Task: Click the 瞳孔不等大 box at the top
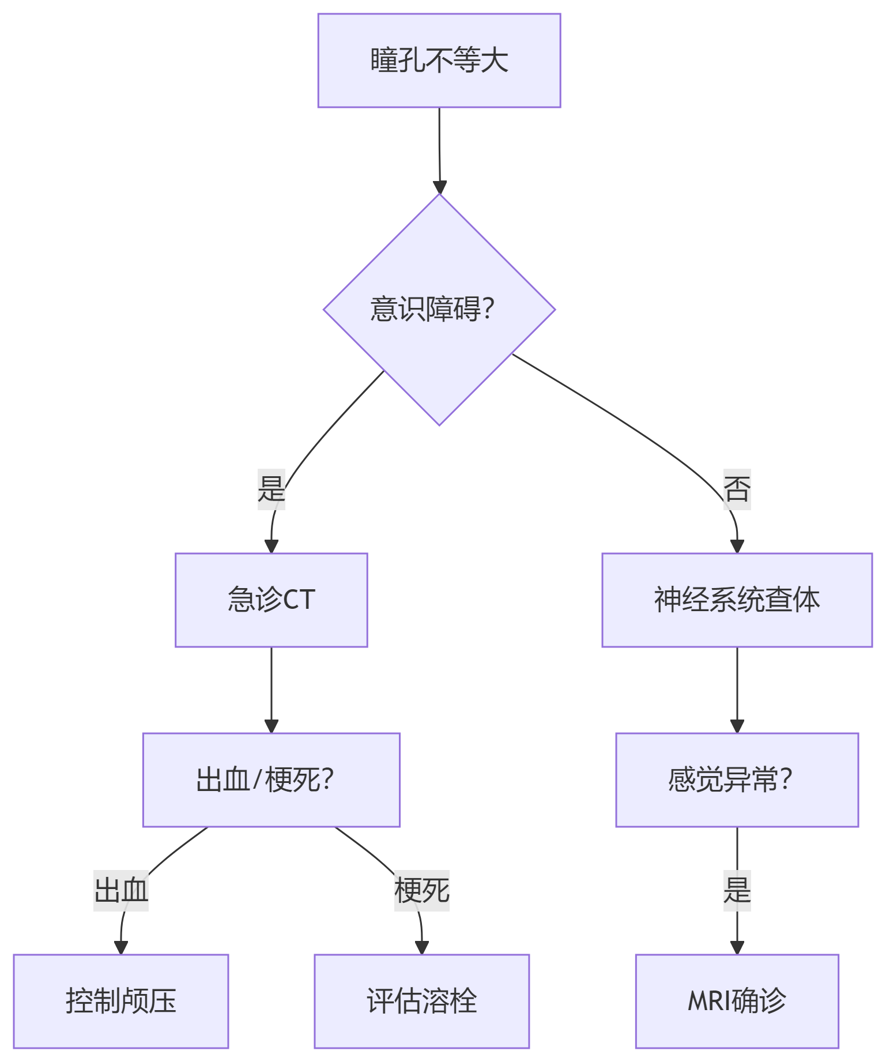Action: [x=439, y=61]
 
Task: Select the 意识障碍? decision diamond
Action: [x=439, y=310]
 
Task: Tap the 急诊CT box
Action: [x=271, y=600]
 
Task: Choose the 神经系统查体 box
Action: [x=737, y=600]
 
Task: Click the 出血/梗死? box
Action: [x=271, y=779]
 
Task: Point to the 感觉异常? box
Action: [x=737, y=779]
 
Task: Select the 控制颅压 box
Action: [x=121, y=1001]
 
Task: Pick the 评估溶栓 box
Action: [x=421, y=1001]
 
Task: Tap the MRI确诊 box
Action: [x=737, y=1001]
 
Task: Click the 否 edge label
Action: [x=737, y=489]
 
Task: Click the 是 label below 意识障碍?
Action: [x=271, y=489]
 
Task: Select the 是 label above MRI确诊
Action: [x=737, y=890]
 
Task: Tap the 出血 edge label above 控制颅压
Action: [x=121, y=890]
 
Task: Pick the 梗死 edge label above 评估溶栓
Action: [x=421, y=890]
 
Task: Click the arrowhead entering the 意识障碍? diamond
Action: [x=440, y=187]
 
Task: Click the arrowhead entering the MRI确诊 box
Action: [x=737, y=947]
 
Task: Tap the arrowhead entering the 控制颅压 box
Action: [x=121, y=947]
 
